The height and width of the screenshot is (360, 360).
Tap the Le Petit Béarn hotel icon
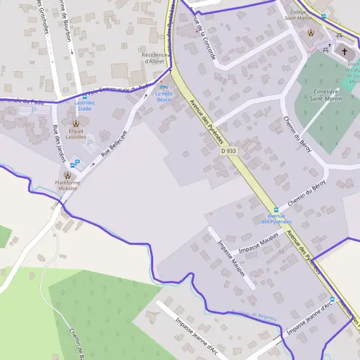[x=161, y=88]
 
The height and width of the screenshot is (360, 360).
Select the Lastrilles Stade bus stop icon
[x=84, y=97]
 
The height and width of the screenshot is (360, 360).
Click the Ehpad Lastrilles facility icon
[x=76, y=124]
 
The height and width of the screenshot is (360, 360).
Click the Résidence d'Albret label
[x=154, y=58]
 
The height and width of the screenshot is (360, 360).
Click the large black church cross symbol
[x=344, y=52]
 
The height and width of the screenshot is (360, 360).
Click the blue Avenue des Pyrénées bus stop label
[x=276, y=218]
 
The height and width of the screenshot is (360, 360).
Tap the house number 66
[x=281, y=251]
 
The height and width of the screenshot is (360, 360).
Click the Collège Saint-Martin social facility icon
[x=311, y=32]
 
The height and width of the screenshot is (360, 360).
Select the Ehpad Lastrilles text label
[x=76, y=133]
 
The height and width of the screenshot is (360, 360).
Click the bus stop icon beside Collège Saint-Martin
[x=323, y=17]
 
